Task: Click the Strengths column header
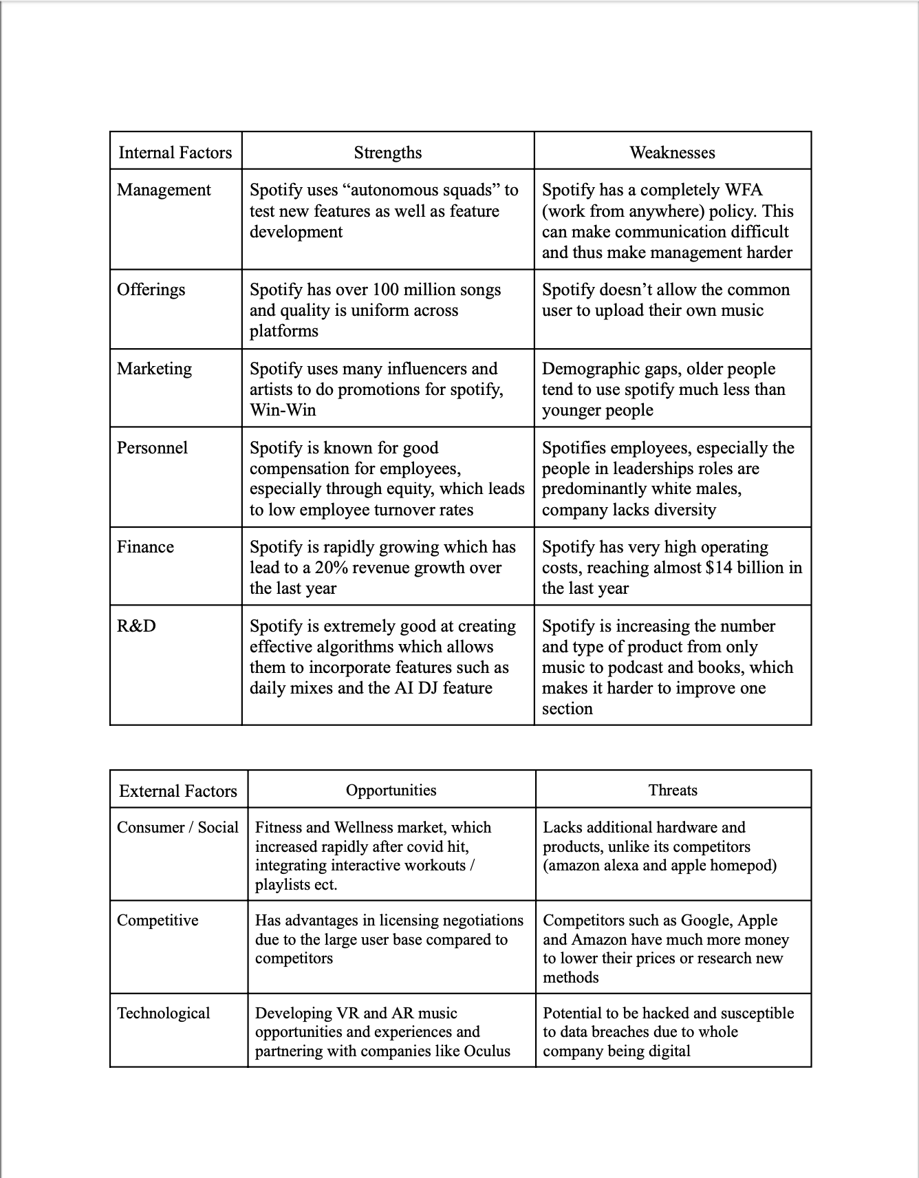(388, 152)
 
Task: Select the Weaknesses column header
(672, 152)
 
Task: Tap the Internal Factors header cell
(175, 152)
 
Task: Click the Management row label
(164, 190)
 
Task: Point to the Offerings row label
(151, 289)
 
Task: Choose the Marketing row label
(154, 368)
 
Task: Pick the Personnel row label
(152, 447)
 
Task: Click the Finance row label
(145, 547)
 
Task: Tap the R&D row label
(136, 625)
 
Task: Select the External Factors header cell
(178, 791)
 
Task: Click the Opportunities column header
(391, 790)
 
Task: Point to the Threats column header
(673, 790)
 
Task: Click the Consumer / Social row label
(177, 827)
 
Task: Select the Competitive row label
(158, 920)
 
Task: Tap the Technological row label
(164, 1013)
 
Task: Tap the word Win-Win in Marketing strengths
(283, 410)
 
